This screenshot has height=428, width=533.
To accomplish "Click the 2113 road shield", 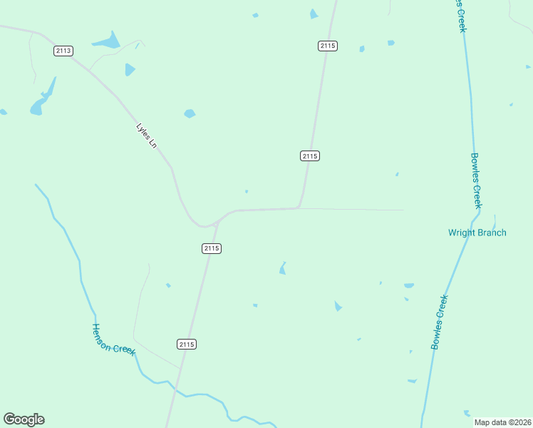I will tap(63, 51).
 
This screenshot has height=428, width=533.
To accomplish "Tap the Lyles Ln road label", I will tap(146, 136).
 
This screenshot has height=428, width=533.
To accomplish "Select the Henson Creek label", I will tap(113, 339).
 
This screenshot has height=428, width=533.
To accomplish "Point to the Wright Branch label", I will tap(477, 233).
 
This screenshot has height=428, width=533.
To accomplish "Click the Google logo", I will tap(24, 419).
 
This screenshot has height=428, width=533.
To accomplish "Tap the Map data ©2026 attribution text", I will tap(502, 422).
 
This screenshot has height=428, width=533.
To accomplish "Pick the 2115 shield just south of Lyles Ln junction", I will tap(211, 248).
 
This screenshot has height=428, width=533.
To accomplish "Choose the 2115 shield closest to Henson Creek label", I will tap(186, 344).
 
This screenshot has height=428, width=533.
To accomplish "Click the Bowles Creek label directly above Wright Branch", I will tap(477, 180).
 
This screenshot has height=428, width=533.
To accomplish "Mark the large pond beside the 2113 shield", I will tap(108, 41).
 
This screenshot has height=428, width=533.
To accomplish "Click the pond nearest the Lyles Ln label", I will tap(190, 113).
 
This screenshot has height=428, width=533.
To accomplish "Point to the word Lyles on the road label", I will tap(142, 130).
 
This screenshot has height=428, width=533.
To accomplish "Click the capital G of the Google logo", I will tap(9, 419).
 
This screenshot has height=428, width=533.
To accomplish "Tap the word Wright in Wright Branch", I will tap(462, 233).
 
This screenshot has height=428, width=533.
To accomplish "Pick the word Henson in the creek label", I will tap(103, 332).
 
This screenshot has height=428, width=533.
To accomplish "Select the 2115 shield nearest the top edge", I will tap(327, 46).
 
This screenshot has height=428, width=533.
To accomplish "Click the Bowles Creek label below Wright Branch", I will tap(440, 322).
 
